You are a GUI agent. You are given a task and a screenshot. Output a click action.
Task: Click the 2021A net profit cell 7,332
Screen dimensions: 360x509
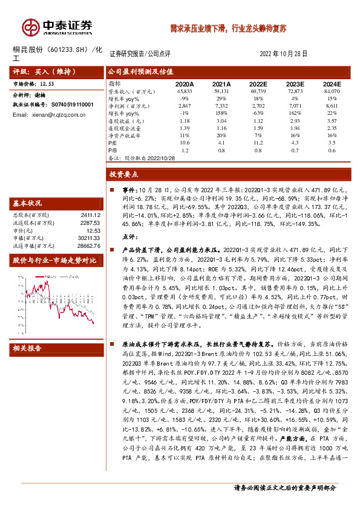pos(221,105)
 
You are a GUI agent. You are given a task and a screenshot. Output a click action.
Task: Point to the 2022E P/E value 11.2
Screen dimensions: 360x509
pos(259,143)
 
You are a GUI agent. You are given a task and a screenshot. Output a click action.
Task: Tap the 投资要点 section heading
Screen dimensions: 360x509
pos(124,174)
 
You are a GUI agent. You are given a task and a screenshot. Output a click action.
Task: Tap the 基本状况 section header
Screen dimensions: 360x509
pos(27,203)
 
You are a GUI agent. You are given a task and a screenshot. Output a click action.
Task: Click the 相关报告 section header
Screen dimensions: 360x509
pos(27,348)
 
